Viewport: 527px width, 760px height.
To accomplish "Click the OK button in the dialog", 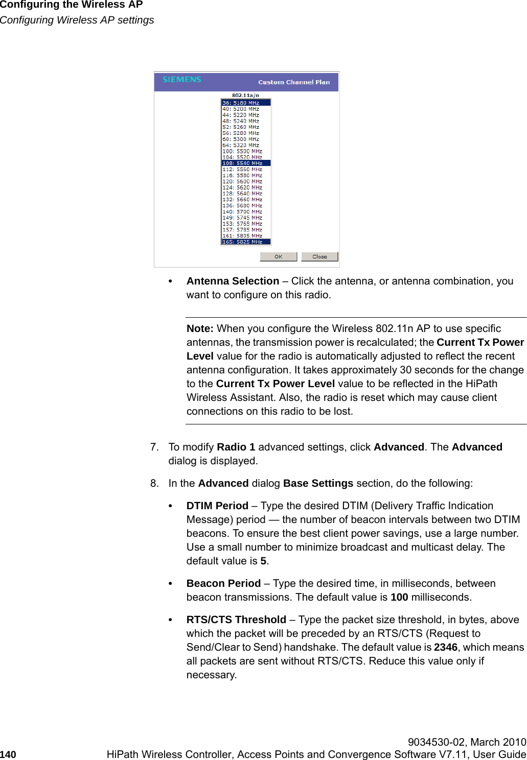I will (278, 257).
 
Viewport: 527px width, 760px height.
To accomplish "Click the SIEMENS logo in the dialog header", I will (182, 80).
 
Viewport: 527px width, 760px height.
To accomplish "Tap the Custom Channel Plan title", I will (294, 82).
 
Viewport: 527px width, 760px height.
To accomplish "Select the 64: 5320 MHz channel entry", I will (241, 145).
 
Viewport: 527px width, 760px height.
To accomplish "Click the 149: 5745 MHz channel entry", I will (242, 218).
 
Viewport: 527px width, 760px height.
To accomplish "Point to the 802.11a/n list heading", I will (245, 95).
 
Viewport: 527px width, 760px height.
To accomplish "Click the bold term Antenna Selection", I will (233, 281).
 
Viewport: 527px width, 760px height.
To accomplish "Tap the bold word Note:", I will (200, 328).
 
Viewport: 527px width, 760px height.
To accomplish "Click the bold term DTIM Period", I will (217, 506).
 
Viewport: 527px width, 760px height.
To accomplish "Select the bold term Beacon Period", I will (223, 583).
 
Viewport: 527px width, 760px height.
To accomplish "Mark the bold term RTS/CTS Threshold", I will (236, 620).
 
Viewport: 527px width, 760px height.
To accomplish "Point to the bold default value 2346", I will (445, 647).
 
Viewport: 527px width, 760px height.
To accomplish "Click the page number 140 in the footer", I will (8, 754).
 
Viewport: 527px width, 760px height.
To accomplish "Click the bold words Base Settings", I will (318, 483).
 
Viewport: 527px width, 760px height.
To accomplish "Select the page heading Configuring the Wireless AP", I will (72, 5).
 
